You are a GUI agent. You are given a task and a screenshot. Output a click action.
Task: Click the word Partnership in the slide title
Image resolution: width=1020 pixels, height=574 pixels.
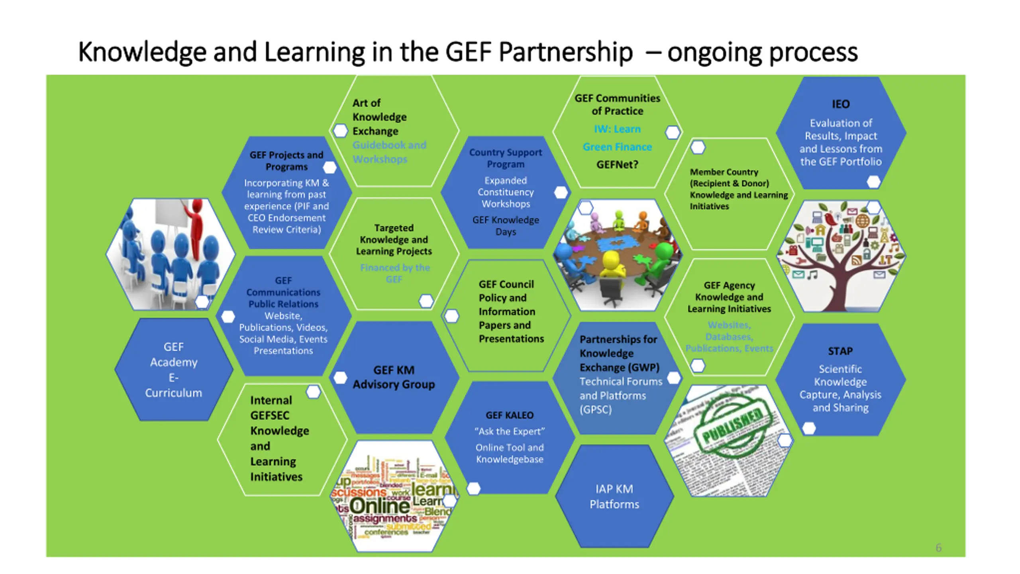566,53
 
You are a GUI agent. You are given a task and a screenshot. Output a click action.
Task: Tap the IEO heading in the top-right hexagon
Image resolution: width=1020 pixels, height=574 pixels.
841,104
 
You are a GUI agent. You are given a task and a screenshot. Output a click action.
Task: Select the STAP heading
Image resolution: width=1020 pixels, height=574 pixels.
840,351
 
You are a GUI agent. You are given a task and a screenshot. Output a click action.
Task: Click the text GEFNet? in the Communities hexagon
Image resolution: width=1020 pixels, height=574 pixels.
617,165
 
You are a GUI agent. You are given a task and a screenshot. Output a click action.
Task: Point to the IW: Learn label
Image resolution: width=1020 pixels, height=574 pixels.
617,129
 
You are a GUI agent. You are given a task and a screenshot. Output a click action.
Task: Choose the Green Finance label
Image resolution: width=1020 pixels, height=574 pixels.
617,147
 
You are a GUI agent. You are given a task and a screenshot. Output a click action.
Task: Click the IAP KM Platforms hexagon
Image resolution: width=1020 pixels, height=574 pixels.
614,497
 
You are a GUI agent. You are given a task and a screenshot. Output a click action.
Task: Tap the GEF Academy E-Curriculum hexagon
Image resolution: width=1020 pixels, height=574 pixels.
174,370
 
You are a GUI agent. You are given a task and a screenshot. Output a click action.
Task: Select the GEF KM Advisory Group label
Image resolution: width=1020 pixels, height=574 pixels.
394,377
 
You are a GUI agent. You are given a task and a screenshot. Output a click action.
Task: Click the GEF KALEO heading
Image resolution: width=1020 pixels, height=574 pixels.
510,415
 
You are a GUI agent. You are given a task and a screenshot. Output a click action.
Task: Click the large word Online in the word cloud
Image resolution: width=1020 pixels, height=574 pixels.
380,506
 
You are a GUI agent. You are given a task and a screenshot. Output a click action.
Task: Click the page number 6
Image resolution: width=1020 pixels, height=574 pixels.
939,548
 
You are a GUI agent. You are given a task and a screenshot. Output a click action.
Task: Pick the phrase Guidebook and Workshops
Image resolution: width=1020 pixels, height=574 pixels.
389,152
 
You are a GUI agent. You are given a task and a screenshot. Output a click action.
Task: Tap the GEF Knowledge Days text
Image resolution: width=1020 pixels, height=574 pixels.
506,226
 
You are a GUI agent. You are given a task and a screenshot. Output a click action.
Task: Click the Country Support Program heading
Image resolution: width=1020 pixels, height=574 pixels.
506,158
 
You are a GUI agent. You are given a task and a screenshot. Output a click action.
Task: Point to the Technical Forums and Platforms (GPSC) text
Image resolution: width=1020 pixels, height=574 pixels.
620,395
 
